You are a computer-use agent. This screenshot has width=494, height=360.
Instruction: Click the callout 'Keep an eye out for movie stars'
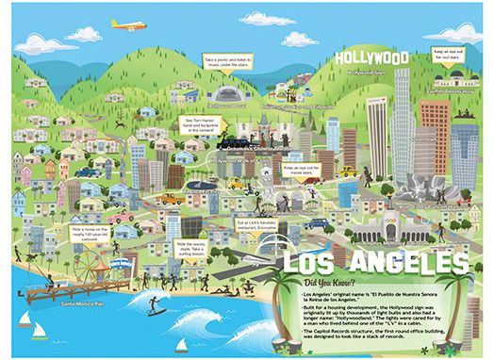[297, 171]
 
